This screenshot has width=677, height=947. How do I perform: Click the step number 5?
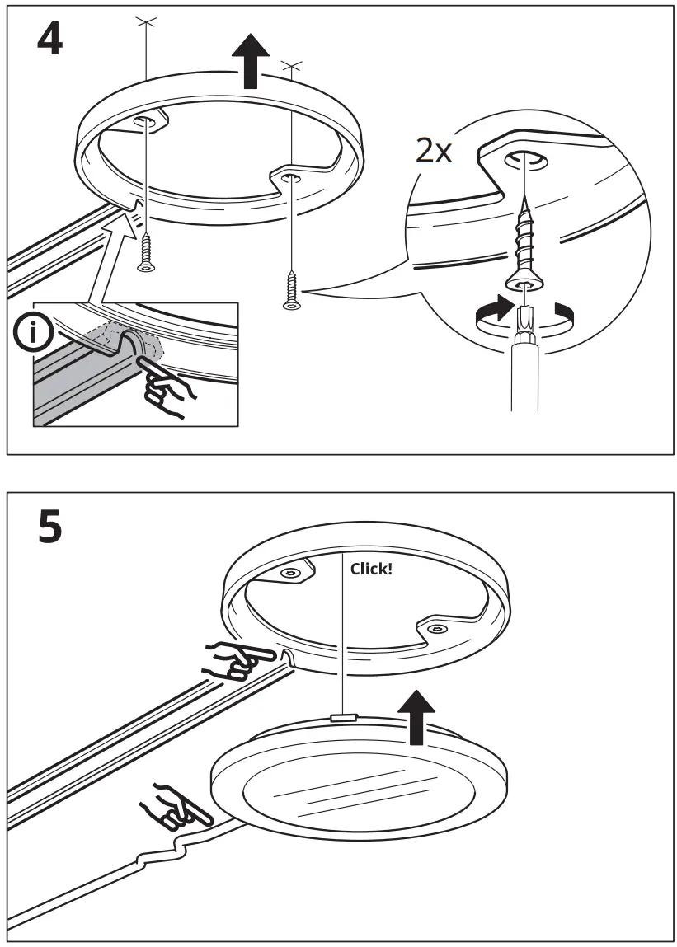click(49, 527)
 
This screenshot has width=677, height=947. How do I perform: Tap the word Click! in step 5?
click(371, 569)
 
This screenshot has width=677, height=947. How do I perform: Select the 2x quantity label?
click(434, 152)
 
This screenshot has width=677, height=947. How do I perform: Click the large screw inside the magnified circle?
click(524, 239)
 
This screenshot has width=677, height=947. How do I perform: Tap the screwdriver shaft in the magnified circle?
click(524, 363)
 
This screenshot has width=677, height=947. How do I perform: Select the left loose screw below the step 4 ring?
click(147, 251)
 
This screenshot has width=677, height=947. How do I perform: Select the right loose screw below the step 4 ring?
click(290, 290)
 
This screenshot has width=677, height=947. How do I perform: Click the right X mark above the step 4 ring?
click(291, 63)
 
